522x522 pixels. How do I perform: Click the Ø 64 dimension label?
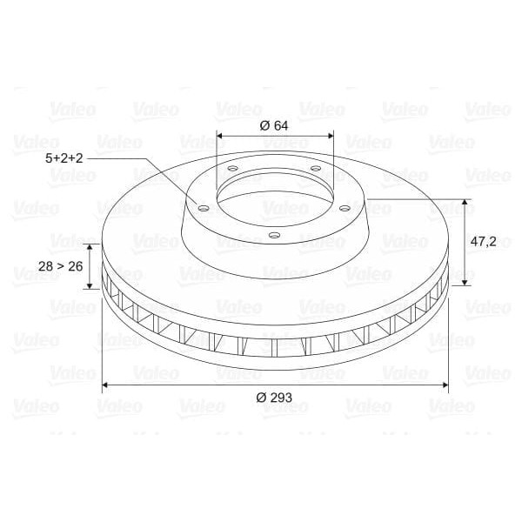pyautogui.click(x=274, y=124)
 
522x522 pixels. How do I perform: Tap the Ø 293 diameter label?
pyautogui.click(x=274, y=398)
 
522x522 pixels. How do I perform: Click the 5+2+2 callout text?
pyautogui.click(x=65, y=159)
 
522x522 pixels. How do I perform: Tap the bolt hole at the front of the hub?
pyautogui.click(x=274, y=235)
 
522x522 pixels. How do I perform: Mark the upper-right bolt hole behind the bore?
pyautogui.click(x=315, y=169)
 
